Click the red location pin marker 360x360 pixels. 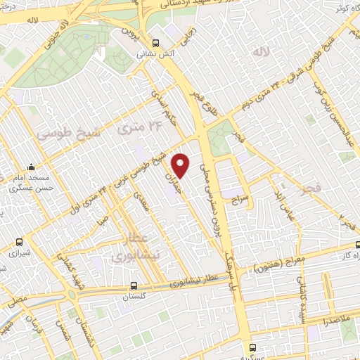(x=181, y=165)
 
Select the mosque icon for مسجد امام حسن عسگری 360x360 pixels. (x=31, y=167)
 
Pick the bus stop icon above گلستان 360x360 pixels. (x=134, y=285)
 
